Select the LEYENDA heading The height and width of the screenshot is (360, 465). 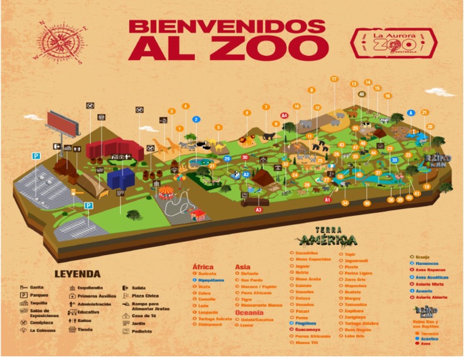(x=77, y=274)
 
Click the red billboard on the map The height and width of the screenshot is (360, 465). (x=62, y=124)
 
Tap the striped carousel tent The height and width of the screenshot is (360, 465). (x=165, y=193)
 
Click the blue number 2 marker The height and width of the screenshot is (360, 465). (x=196, y=120)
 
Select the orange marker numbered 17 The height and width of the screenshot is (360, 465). (x=334, y=79)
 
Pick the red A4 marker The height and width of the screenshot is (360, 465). (x=284, y=116)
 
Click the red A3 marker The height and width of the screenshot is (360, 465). (x=259, y=210)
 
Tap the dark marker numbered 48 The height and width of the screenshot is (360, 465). (x=361, y=95)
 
